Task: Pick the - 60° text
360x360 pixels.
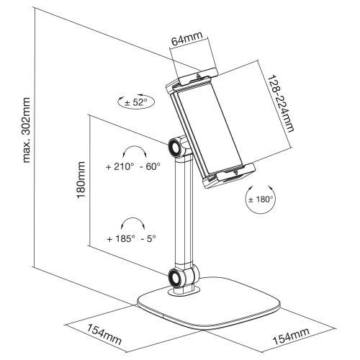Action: (x=148, y=167)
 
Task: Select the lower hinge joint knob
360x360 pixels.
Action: (x=176, y=278)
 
